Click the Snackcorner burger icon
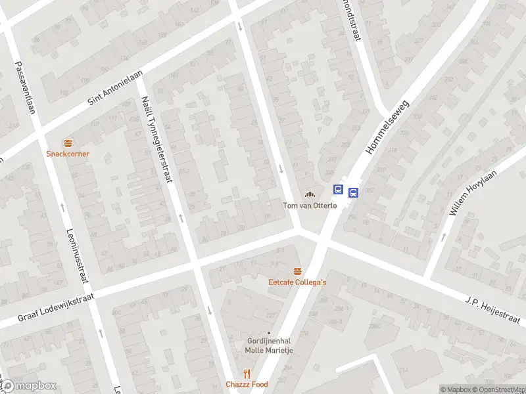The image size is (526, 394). [x=68, y=143]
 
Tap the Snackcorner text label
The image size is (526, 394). [x=68, y=154]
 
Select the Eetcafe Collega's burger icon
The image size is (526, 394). [x=297, y=272]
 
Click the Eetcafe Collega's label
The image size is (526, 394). [x=297, y=282]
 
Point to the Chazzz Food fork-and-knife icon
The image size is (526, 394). [x=247, y=374]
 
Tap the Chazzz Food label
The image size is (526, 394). [x=247, y=384]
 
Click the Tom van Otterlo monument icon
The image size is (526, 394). [x=310, y=194]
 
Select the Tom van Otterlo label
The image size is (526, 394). [x=310, y=206]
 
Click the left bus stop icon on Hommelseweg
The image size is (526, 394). [x=338, y=190]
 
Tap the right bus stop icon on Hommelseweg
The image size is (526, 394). [x=353, y=193]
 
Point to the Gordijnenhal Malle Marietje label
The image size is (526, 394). [x=268, y=345]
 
